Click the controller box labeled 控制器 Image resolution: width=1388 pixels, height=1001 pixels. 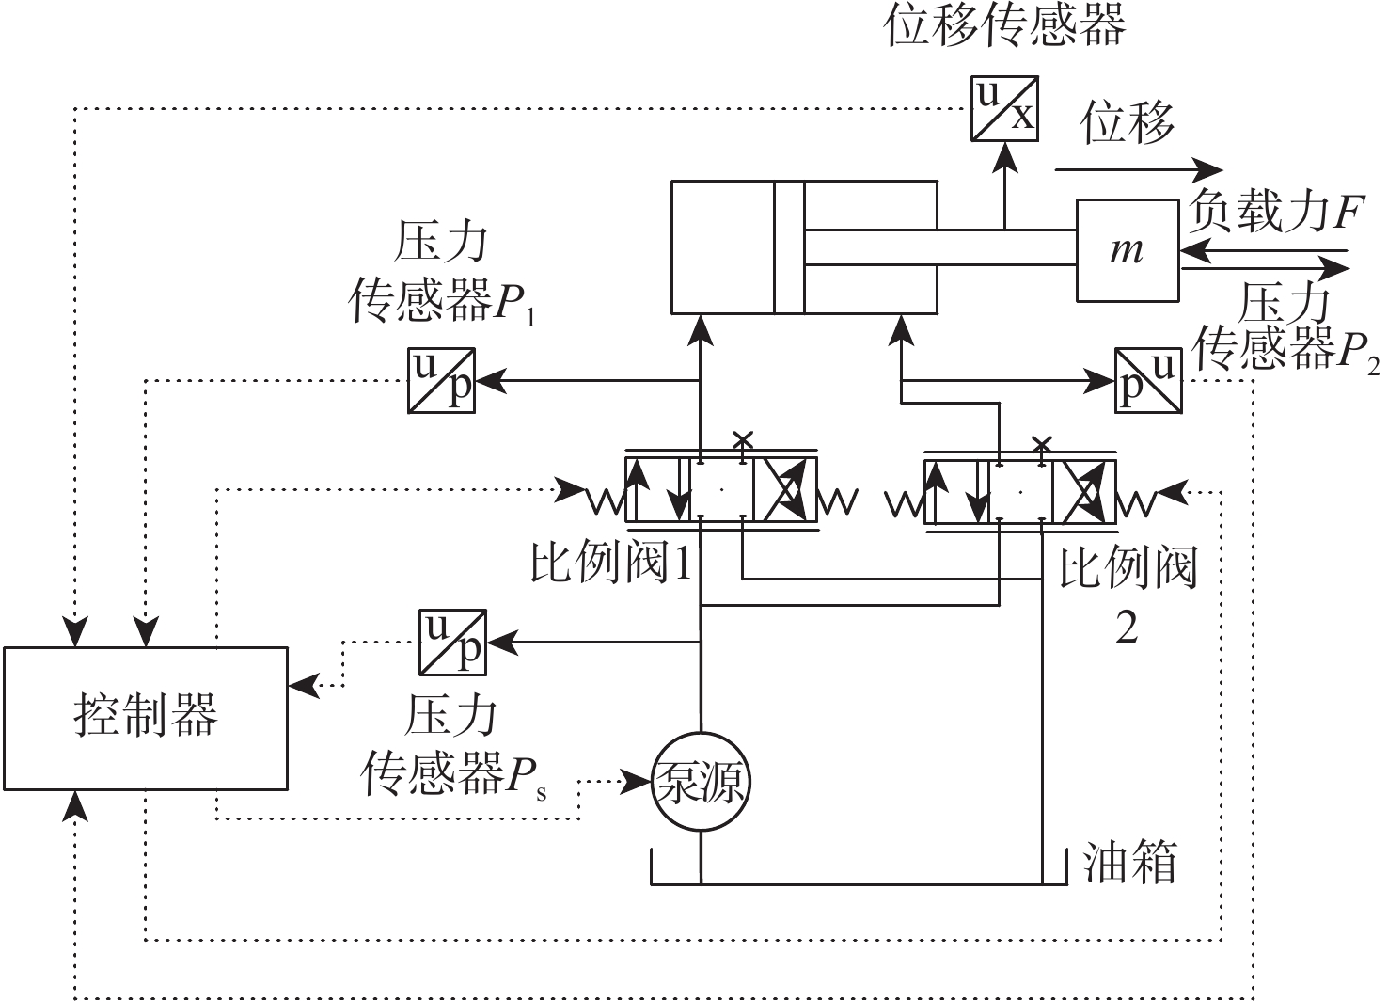point(146,718)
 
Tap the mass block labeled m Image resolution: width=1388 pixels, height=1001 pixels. point(1127,250)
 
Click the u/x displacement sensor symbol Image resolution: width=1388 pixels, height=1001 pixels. point(1004,108)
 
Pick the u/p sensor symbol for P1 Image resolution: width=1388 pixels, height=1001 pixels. point(441,380)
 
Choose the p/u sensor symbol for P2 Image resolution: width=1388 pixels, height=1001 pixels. point(1148,380)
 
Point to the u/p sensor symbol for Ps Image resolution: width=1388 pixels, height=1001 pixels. point(452,643)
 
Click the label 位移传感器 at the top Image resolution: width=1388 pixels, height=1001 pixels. point(1004,25)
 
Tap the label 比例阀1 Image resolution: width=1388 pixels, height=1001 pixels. point(611,564)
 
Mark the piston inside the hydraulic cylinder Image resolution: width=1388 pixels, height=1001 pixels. point(789,247)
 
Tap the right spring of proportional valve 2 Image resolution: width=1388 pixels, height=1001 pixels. point(1137,501)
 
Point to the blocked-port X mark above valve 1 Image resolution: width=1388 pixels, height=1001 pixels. point(743,439)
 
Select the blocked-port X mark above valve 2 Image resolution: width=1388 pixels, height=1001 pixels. point(1041,442)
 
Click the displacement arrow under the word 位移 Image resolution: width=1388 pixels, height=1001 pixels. point(1138,169)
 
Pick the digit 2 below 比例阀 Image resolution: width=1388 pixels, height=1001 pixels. point(1127,628)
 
